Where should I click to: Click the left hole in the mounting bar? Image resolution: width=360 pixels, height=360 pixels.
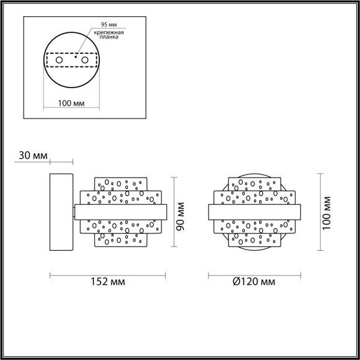60,60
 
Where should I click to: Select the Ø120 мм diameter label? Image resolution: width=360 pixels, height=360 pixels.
255,282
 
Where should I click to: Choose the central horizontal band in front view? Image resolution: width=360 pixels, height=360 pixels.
255,212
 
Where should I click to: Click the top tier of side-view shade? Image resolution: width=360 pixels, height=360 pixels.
124,184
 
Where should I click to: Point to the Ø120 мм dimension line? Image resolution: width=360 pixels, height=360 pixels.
255,274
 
